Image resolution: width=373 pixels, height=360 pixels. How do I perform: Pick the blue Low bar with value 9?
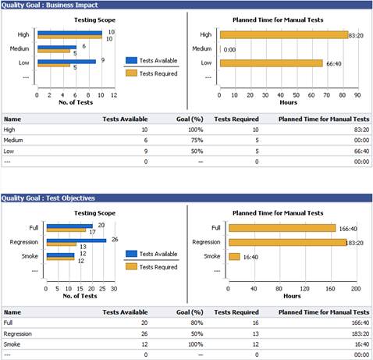coord(66,61)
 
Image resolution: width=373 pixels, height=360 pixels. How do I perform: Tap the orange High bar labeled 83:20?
coord(283,34)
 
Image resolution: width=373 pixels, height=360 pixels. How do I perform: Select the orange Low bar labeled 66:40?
coord(271,62)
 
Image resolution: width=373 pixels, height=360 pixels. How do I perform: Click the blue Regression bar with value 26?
coord(78,240)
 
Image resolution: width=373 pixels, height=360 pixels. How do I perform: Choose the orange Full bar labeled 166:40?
coord(281,228)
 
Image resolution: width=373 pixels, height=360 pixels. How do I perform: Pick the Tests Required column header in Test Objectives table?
coord(236,310)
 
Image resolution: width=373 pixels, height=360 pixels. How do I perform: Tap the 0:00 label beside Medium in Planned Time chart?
coord(229,48)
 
